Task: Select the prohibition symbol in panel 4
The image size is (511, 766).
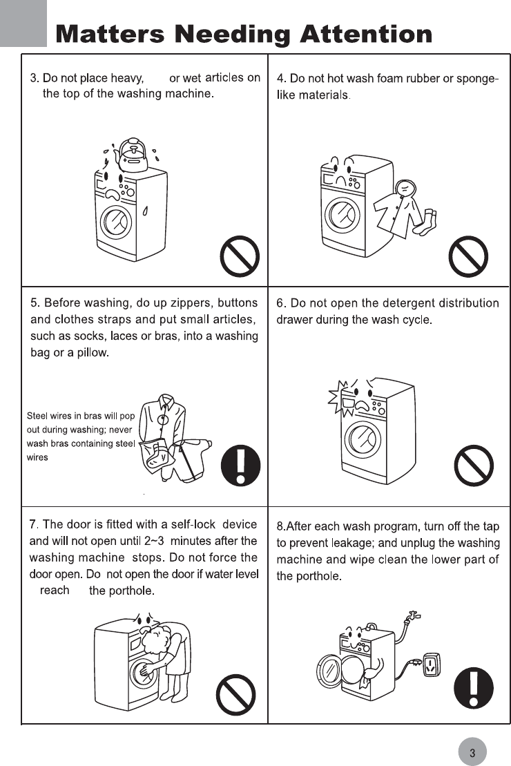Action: tap(469, 256)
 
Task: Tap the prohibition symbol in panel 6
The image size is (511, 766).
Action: tap(474, 466)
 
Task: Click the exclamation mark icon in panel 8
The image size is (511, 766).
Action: tap(474, 689)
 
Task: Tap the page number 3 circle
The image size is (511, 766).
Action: tap(472, 752)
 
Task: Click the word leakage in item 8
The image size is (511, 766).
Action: tap(356, 544)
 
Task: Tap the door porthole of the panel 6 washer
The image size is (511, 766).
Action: tap(363, 439)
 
